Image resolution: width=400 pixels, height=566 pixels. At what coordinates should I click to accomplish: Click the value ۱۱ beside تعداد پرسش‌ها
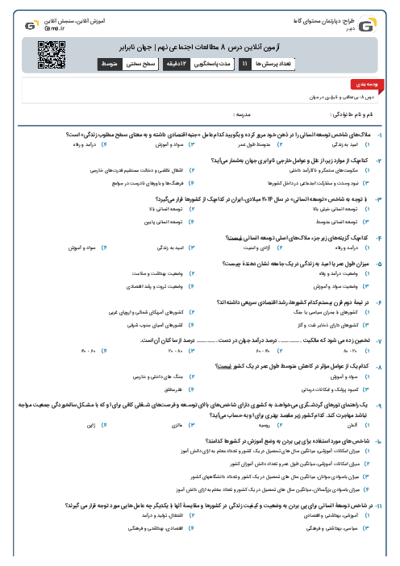245,63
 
